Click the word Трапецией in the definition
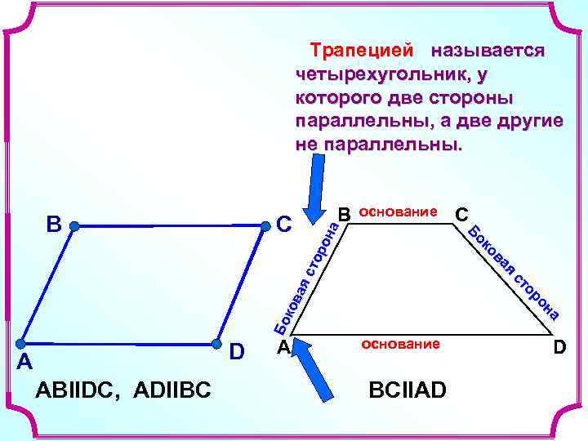click(x=361, y=51)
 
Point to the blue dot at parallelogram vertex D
click(x=217, y=344)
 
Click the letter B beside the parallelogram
click(x=54, y=223)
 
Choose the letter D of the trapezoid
click(x=559, y=349)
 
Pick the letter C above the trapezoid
click(x=461, y=214)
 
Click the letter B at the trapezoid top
click(x=344, y=214)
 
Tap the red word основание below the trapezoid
click(x=400, y=344)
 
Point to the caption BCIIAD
click(x=408, y=390)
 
